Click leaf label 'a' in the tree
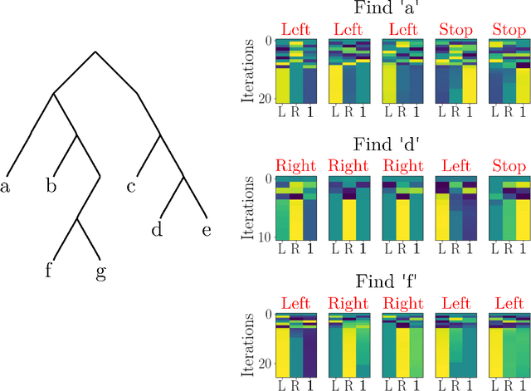(5, 187)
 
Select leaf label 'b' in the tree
(51, 186)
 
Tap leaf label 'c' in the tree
(131, 187)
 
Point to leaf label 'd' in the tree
(156, 230)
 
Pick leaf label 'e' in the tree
(207, 230)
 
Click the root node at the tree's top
(96, 51)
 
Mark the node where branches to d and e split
(182, 177)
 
